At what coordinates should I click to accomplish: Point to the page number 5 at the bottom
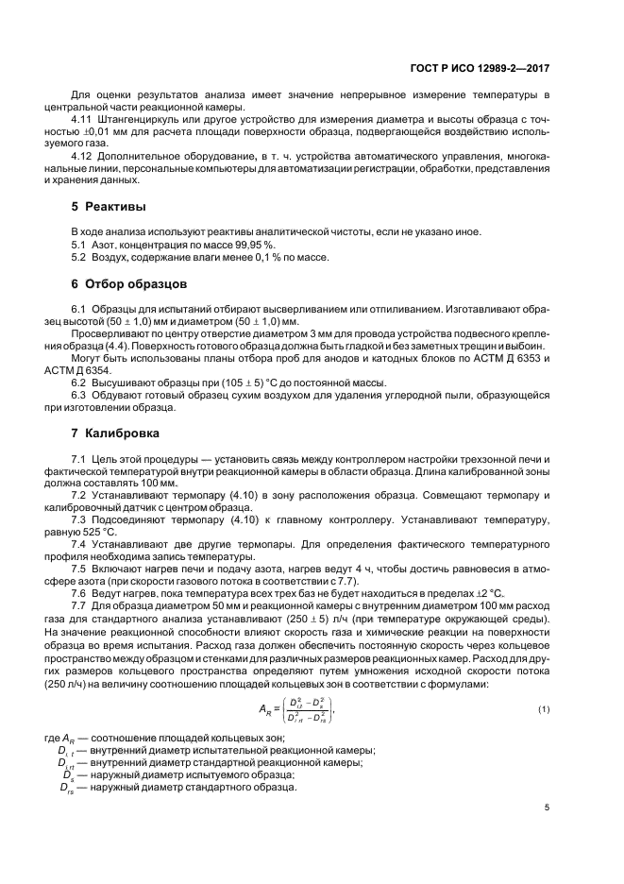pos(548,807)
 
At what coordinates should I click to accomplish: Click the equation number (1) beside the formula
pos(544,709)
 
